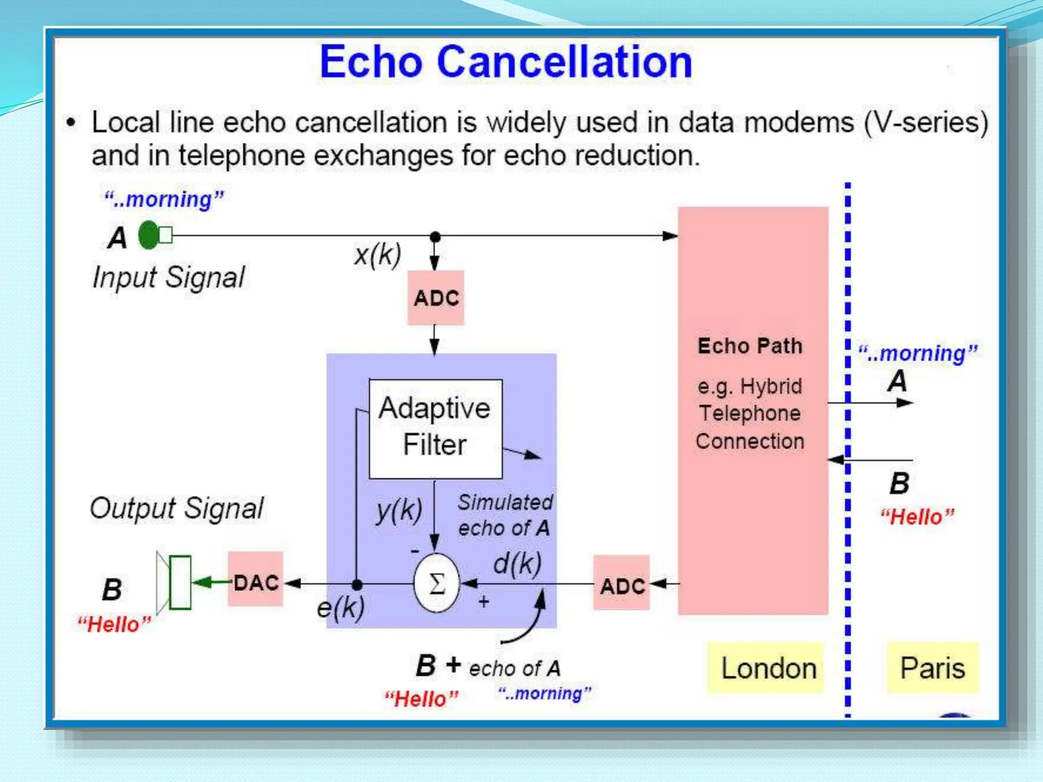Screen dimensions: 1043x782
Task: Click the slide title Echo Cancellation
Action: click(506, 62)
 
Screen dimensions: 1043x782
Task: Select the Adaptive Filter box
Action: click(435, 428)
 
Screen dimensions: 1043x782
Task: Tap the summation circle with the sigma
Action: click(436, 583)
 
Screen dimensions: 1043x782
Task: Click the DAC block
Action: click(256, 582)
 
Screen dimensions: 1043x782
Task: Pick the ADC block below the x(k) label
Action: click(436, 298)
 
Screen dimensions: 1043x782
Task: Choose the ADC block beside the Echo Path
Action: click(622, 585)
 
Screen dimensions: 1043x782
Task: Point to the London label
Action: click(768, 668)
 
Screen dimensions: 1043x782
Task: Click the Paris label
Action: click(932, 668)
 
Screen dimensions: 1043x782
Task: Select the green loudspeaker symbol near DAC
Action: click(176, 582)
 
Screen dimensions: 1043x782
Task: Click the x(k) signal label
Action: click(377, 254)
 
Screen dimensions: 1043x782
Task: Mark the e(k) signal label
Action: click(341, 607)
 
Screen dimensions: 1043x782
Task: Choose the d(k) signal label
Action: click(517, 564)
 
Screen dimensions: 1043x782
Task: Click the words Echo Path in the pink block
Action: click(750, 346)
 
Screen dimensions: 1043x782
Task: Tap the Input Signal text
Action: click(169, 277)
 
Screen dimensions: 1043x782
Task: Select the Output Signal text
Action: click(177, 508)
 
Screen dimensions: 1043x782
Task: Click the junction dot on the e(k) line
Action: click(357, 584)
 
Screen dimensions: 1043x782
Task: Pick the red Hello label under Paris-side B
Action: click(917, 517)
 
